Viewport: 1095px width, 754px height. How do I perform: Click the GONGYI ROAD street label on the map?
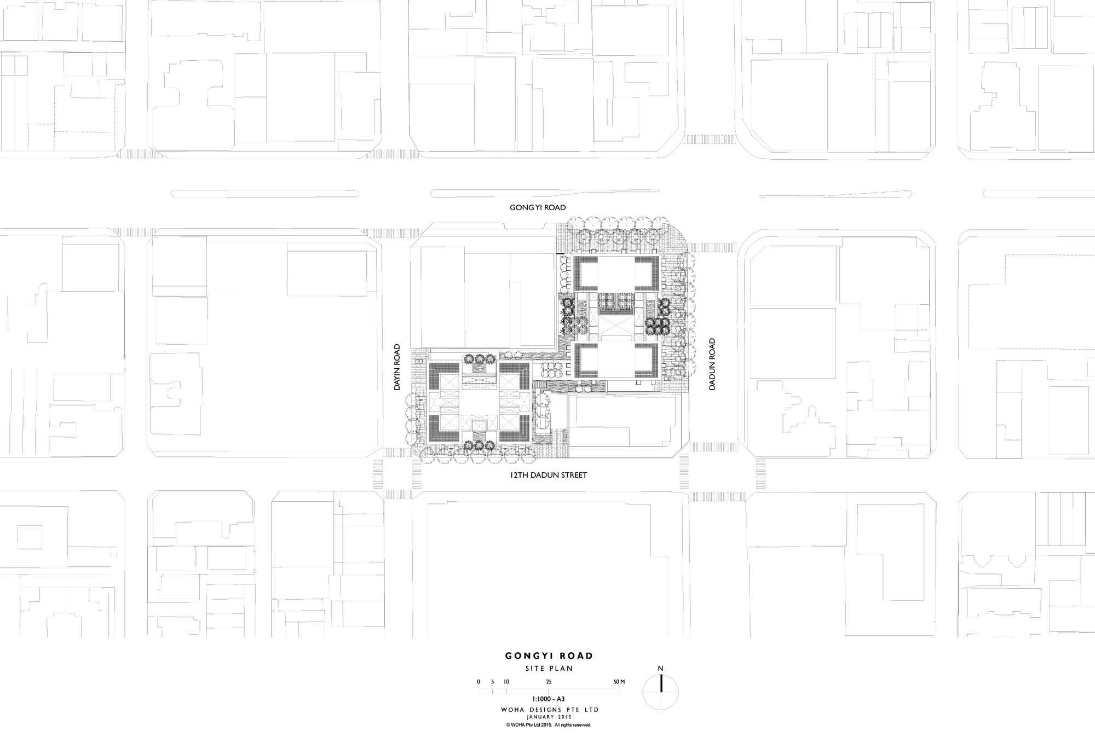(537, 207)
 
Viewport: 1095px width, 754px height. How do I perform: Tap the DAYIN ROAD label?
(398, 367)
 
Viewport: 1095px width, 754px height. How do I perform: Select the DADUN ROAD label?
(712, 364)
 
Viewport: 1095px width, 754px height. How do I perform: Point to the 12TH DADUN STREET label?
(548, 475)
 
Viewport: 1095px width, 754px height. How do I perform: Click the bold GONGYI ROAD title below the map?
(549, 656)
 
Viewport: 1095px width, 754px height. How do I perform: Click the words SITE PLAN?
(549, 668)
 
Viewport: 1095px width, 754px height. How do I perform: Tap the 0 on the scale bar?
(479, 682)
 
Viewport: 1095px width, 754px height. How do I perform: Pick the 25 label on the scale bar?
(549, 682)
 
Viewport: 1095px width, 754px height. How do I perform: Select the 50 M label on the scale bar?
(618, 682)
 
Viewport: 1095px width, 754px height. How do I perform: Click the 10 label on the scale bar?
(506, 682)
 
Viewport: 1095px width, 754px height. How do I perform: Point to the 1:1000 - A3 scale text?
(549, 699)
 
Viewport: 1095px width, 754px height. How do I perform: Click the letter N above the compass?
(660, 668)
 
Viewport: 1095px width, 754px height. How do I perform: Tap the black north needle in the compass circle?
(660, 684)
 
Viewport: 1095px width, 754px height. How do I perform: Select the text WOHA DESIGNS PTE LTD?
(549, 710)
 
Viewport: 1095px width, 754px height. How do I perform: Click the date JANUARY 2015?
(549, 716)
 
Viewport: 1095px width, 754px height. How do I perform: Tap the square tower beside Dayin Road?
(479, 402)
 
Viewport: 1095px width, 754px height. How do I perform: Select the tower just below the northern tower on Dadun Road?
(616, 359)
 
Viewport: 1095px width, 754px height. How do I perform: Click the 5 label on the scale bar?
(492, 682)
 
